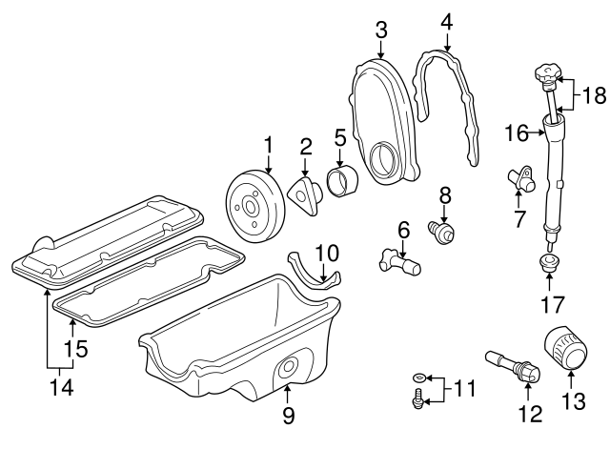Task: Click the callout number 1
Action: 268,144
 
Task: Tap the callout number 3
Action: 381,30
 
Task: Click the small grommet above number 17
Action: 549,261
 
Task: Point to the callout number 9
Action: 288,415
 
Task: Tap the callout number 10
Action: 326,254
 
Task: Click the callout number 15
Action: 81,348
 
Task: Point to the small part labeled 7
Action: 522,177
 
